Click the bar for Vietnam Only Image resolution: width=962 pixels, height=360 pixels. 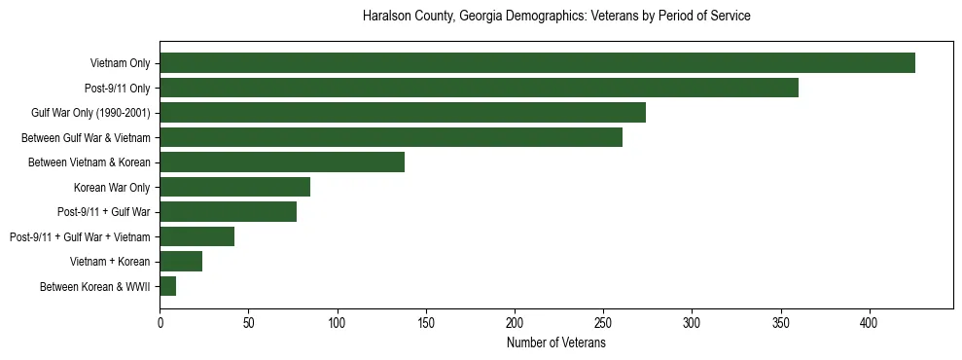click(x=537, y=63)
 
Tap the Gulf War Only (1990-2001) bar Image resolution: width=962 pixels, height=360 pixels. click(x=403, y=113)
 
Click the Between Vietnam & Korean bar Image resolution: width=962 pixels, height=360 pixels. click(x=282, y=162)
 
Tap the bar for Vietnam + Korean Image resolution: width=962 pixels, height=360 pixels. click(x=181, y=262)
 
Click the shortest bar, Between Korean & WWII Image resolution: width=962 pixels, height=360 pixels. click(x=167, y=286)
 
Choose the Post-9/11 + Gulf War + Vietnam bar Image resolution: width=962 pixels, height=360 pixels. click(x=196, y=236)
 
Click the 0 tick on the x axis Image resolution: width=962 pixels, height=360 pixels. click(x=160, y=321)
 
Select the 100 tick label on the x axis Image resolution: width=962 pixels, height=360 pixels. click(x=338, y=321)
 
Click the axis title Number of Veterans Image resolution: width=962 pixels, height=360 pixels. click(x=555, y=342)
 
